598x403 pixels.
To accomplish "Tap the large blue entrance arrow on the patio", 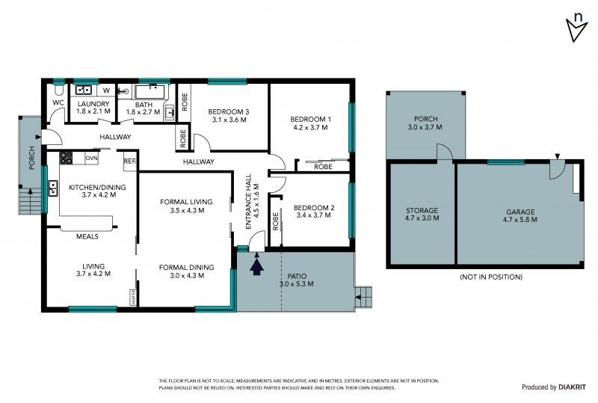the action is [257, 267].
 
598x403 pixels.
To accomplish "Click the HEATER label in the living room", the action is [134, 297].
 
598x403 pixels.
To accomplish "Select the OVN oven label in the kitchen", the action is [91, 158].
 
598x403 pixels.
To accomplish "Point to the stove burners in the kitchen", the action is [66, 158].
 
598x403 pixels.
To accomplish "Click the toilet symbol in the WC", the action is [59, 90].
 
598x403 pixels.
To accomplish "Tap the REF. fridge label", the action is [130, 161].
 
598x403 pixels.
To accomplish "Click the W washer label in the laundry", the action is [107, 90].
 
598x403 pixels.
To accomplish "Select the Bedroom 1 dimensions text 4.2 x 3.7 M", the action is [310, 127].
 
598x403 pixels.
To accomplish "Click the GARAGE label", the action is [520, 212].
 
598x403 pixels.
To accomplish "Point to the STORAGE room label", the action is [422, 210].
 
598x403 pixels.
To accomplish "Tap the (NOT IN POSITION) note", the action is [491, 277].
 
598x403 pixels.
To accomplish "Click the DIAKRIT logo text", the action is [572, 387].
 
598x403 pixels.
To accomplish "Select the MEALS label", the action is [87, 236].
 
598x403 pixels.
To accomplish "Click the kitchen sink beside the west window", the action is [53, 188].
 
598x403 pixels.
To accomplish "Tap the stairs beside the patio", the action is [363, 297].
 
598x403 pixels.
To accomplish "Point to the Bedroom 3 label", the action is [229, 112].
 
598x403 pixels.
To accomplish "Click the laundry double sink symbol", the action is [84, 90].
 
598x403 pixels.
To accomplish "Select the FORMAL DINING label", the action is [186, 268].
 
